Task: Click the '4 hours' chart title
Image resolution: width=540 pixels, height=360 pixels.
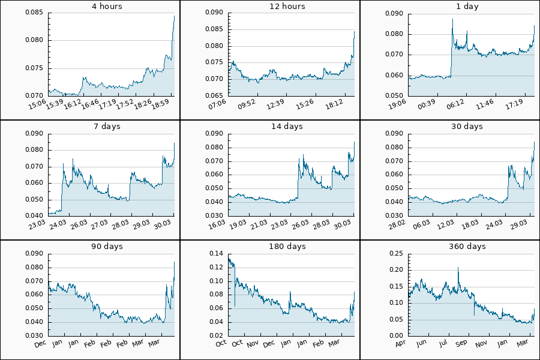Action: click(90, 7)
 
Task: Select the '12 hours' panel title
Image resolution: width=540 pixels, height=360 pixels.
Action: click(270, 7)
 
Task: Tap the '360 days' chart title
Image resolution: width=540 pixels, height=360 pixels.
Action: click(450, 247)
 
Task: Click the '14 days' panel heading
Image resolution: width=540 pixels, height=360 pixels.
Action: click(270, 127)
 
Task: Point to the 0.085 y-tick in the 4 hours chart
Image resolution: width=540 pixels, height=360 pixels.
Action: click(34, 13)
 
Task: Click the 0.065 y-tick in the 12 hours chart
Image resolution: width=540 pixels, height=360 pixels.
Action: click(214, 95)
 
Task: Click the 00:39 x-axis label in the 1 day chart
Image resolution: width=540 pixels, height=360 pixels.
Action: click(427, 104)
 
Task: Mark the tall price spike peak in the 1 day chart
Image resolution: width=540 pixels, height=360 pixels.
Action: click(452, 19)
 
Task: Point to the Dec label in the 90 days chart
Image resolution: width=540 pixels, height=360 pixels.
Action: click(41, 343)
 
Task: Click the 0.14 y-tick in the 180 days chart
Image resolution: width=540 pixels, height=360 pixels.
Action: click(216, 253)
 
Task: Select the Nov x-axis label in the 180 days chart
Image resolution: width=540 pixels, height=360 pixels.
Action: click(253, 343)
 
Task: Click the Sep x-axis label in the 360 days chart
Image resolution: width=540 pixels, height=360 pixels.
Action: click(462, 343)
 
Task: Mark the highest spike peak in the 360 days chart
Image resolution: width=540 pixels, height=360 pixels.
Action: click(458, 268)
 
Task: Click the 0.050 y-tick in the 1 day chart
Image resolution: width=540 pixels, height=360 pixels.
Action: click(394, 95)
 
